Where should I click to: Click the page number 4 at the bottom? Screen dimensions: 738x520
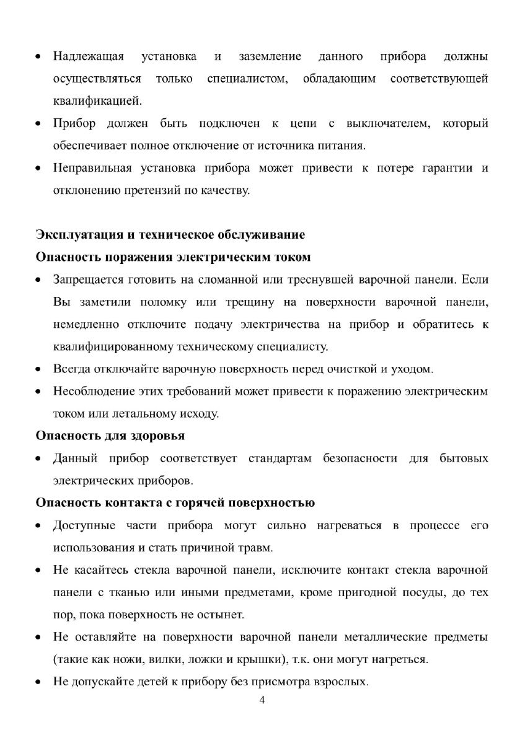tap(262, 701)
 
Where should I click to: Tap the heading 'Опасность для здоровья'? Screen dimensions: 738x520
tap(110, 436)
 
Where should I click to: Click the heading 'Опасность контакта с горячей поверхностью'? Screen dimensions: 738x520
tap(175, 503)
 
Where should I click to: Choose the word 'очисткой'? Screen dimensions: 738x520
tap(354, 370)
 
